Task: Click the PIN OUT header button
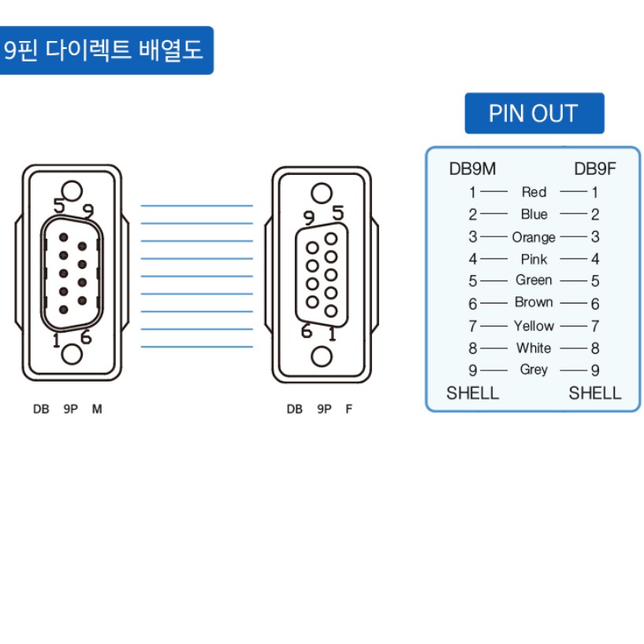click(x=534, y=114)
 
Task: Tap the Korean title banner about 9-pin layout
click(x=105, y=51)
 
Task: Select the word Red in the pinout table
click(x=534, y=192)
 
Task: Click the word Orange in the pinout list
click(x=534, y=237)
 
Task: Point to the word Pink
click(x=534, y=259)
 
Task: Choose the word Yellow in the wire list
click(x=534, y=326)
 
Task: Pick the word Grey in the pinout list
click(x=534, y=370)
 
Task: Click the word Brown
click(x=534, y=303)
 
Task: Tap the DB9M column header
click(x=472, y=169)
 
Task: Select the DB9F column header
click(x=594, y=169)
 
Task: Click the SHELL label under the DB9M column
click(x=473, y=393)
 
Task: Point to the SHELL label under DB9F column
click(x=595, y=393)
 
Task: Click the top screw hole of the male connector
click(x=72, y=192)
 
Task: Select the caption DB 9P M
click(x=67, y=409)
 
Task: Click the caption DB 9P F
click(x=319, y=409)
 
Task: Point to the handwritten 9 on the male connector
click(x=88, y=211)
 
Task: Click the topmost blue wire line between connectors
click(x=196, y=206)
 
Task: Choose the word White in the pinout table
click(x=534, y=348)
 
